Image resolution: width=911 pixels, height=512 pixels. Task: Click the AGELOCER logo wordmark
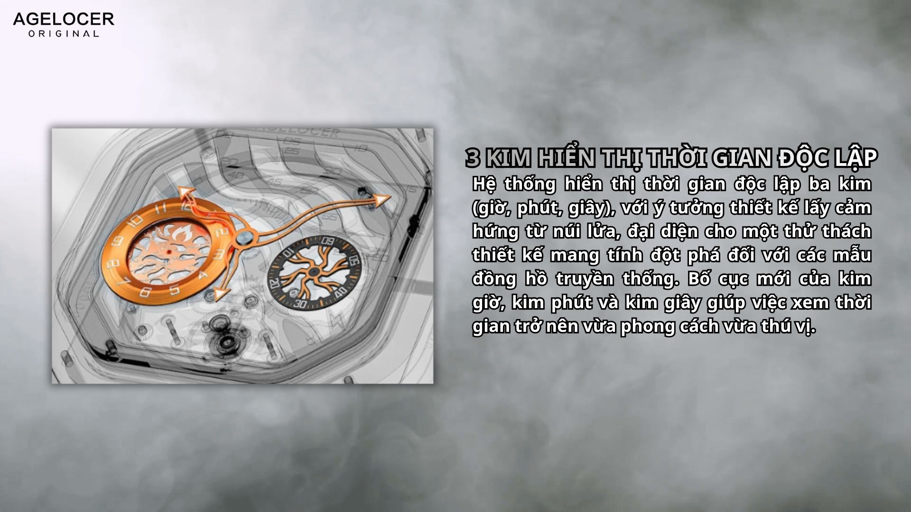pyautogui.click(x=64, y=19)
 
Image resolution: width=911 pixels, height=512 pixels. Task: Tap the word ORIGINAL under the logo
pyautogui.click(x=64, y=34)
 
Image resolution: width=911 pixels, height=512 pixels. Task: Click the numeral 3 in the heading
pyautogui.click(x=473, y=158)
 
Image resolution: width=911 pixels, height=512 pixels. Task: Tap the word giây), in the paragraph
pyautogui.click(x=588, y=208)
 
